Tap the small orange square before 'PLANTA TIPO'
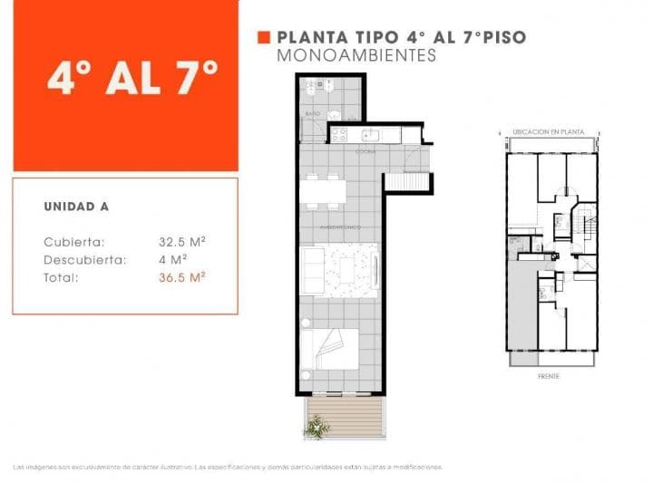264,38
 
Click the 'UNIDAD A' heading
76,206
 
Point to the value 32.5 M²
181,242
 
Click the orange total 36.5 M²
181,278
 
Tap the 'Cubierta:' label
73,242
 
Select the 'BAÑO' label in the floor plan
312,114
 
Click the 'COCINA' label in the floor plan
365,151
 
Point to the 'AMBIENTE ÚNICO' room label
340,226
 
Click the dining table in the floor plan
323,190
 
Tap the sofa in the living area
313,271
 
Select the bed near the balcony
331,349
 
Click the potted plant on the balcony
317,426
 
